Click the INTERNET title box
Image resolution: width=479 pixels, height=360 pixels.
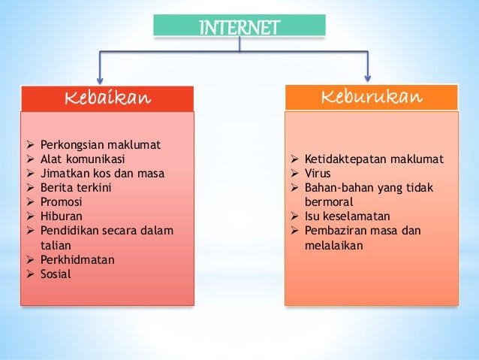[x=239, y=25]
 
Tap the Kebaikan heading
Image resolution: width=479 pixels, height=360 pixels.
[x=107, y=98]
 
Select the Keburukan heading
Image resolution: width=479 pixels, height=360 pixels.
[x=372, y=97]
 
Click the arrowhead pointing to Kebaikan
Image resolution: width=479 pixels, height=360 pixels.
[x=100, y=80]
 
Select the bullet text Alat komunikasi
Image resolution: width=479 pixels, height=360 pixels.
[x=83, y=159]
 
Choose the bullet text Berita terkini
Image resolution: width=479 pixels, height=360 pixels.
[x=76, y=187]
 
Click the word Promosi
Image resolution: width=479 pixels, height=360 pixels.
[x=61, y=202]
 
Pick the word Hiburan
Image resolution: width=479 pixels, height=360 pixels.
[x=61, y=216]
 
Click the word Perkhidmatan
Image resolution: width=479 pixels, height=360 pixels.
[x=77, y=260]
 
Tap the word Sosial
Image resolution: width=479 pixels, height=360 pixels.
[x=56, y=274]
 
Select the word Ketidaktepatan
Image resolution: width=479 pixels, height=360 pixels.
[x=345, y=159]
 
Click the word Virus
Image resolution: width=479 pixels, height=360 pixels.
[x=318, y=174]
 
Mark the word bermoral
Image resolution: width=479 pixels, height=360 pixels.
[x=329, y=202]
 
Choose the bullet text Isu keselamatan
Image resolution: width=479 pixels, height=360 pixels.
[x=348, y=216]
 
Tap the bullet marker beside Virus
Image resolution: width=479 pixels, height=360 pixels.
[x=294, y=174]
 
